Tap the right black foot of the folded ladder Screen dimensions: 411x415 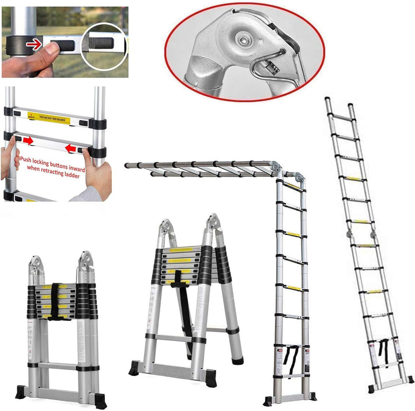100,399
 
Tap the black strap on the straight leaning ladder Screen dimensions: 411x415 384,350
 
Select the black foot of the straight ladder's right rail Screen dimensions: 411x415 410,380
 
